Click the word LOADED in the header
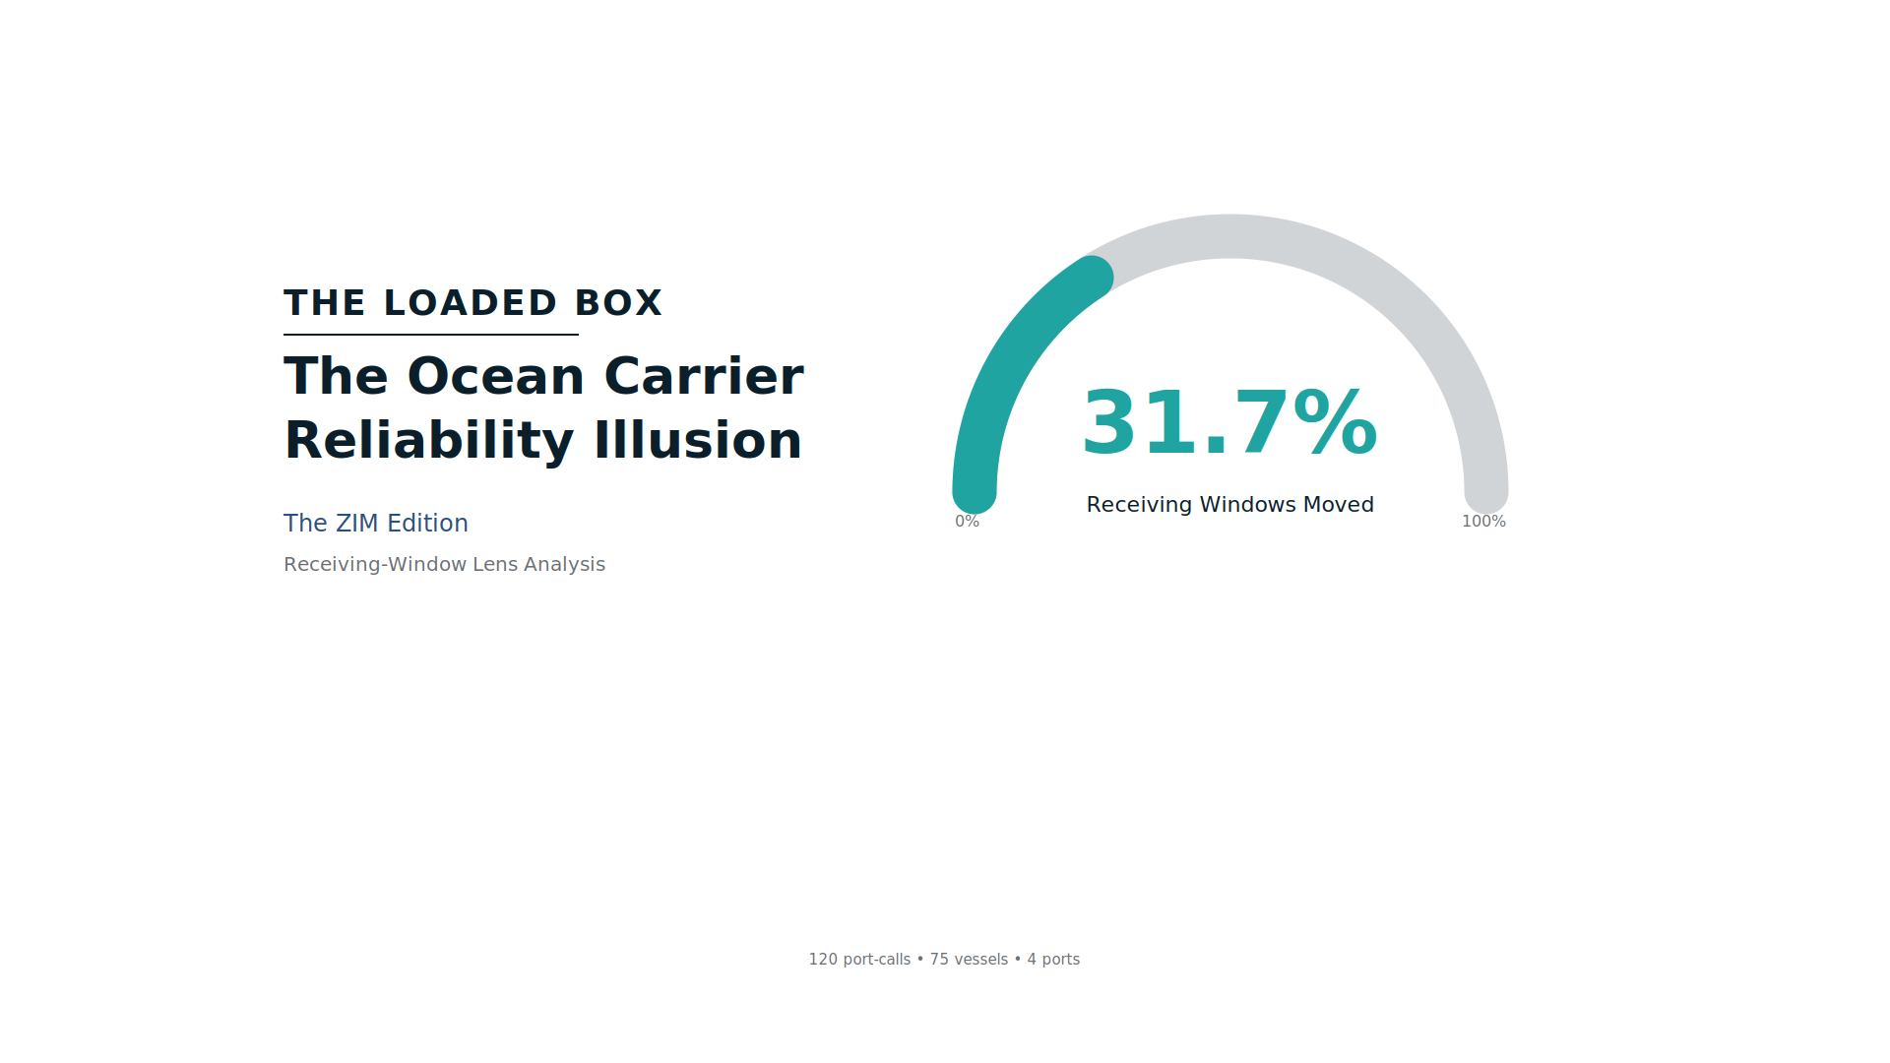click(471, 303)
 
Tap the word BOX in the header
click(618, 303)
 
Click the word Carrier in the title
click(703, 377)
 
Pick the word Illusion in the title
click(697, 440)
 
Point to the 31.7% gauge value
click(1229, 423)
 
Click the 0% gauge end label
click(967, 522)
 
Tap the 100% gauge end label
click(1483, 522)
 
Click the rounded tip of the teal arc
click(1092, 277)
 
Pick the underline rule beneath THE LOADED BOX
click(431, 335)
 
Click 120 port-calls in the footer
click(859, 960)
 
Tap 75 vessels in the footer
click(969, 960)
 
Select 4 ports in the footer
click(1053, 960)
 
